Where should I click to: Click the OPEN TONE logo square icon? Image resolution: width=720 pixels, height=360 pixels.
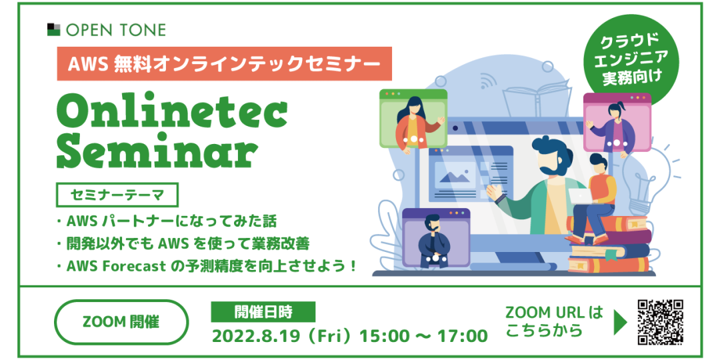pyautogui.click(x=54, y=29)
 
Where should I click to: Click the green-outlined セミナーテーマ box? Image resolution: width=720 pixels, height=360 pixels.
pyautogui.click(x=117, y=195)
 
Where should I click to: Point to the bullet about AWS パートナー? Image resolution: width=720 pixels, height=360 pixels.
pyautogui.click(x=167, y=222)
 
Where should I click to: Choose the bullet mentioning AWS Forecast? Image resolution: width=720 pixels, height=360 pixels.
pyautogui.click(x=207, y=266)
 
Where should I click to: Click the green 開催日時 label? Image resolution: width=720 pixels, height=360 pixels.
pyautogui.click(x=263, y=312)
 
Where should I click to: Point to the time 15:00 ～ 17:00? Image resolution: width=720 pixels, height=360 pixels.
pyautogui.click(x=423, y=335)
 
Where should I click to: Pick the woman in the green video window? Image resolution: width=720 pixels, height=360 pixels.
pyautogui.click(x=415, y=124)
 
